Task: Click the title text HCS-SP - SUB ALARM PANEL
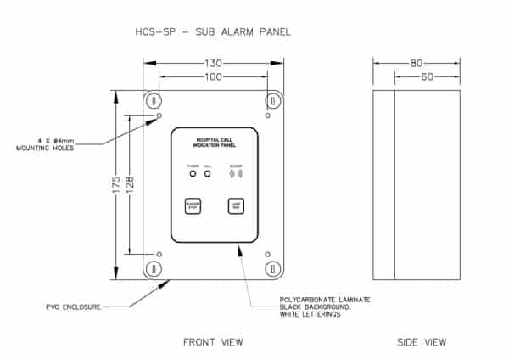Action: click(212, 32)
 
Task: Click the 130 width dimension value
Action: click(213, 63)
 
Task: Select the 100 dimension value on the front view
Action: click(213, 77)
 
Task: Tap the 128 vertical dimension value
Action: click(130, 184)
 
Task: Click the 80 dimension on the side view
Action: click(417, 63)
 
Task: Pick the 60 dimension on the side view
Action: click(427, 77)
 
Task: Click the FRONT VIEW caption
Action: click(213, 341)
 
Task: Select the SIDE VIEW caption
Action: click(422, 341)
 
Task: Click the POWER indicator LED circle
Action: click(193, 174)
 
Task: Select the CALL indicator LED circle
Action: click(207, 174)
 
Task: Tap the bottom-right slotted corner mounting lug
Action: click(272, 268)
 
